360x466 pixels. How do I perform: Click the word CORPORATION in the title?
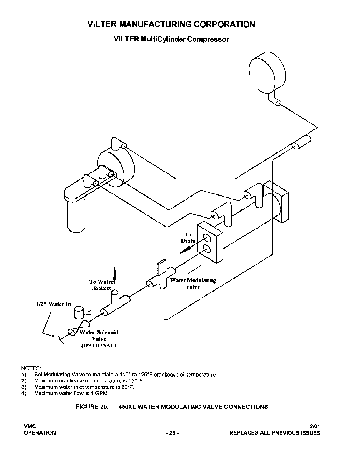(x=224, y=24)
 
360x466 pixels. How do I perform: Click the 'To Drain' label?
(x=188, y=238)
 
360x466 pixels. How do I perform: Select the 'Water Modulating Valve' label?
(x=193, y=284)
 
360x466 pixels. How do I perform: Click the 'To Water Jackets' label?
(x=101, y=285)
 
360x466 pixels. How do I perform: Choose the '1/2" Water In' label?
(x=53, y=304)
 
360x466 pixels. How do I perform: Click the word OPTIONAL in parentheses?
(x=99, y=346)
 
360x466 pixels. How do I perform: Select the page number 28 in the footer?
(x=172, y=433)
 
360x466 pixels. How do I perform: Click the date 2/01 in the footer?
(x=315, y=426)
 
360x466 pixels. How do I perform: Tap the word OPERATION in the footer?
(x=40, y=433)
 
